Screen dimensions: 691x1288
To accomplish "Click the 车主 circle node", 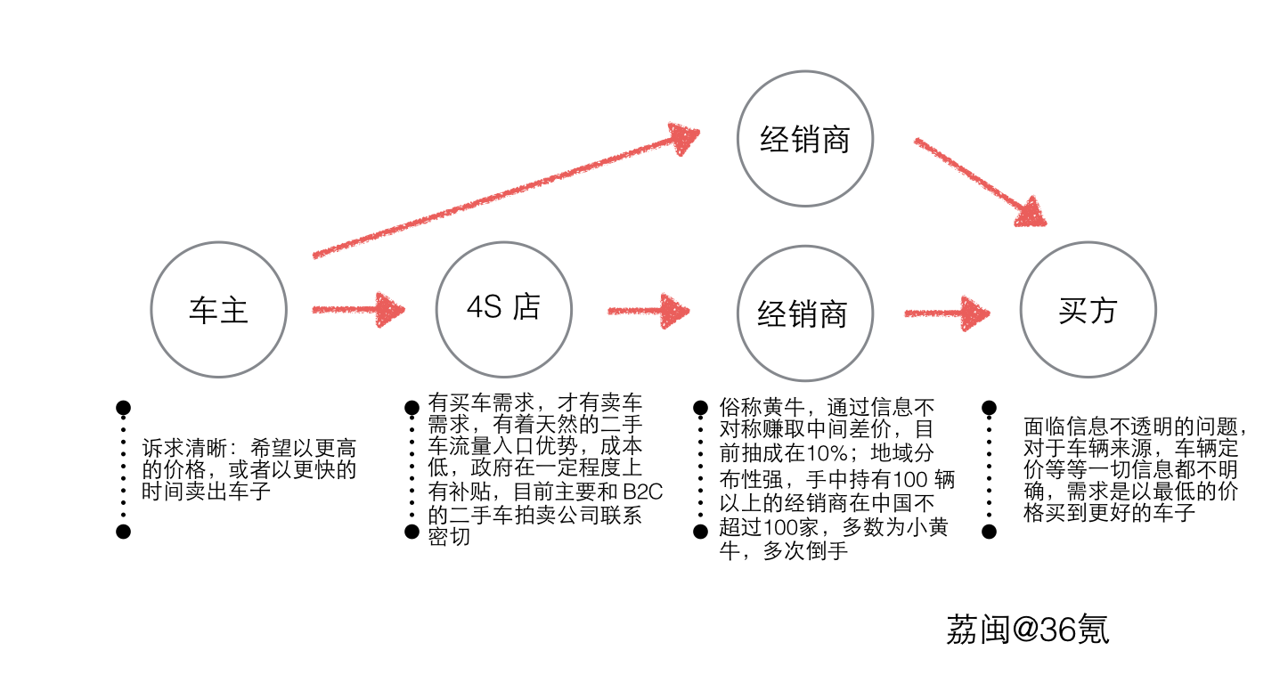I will pyautogui.click(x=219, y=310).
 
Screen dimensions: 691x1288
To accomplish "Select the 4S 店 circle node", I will pyautogui.click(x=504, y=308).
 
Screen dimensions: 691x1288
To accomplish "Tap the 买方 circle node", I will pyautogui.click(x=1088, y=311).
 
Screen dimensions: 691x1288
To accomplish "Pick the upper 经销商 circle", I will pyautogui.click(x=805, y=140).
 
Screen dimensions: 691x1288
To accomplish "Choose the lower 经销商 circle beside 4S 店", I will pyautogui.click(x=803, y=313).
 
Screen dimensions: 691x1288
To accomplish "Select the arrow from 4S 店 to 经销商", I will pyautogui.click(x=648, y=311).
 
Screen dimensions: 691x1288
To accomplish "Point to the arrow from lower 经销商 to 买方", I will pyautogui.click(x=947, y=313).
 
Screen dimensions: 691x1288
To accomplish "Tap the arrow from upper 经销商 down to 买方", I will pyautogui.click(x=980, y=182).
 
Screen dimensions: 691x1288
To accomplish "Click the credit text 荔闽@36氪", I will pyautogui.click(x=1027, y=629).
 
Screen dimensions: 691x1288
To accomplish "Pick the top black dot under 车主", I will pyautogui.click(x=124, y=408).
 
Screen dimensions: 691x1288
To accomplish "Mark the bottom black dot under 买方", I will pyautogui.click(x=989, y=532).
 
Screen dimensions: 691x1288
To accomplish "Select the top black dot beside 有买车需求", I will pyautogui.click(x=412, y=408).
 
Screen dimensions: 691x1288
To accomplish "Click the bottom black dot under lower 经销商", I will pyautogui.click(x=700, y=532).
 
